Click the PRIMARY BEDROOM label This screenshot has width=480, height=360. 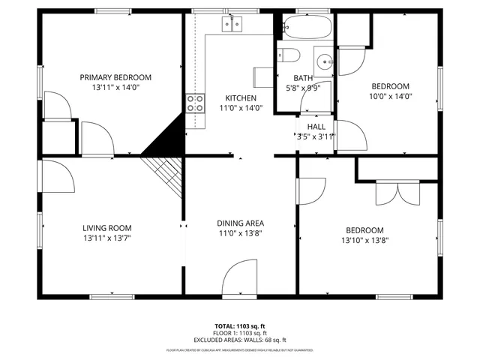pos(115,77)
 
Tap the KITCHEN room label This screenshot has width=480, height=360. pos(241,98)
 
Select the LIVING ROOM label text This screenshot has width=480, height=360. pos(107,228)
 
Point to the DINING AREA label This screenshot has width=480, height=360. pos(240,223)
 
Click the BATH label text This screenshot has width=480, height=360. pos(303,78)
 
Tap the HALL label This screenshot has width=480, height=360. pos(316,127)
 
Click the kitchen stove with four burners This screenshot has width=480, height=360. pos(196,103)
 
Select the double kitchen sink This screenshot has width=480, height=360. pos(232,25)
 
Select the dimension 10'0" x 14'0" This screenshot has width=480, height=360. pos(391,96)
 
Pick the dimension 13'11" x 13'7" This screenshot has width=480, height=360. pos(107,238)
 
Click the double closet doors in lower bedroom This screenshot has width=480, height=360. pos(397,193)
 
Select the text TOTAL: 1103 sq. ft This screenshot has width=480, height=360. pos(240,326)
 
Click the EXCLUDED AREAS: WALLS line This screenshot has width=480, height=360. pos(240,340)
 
